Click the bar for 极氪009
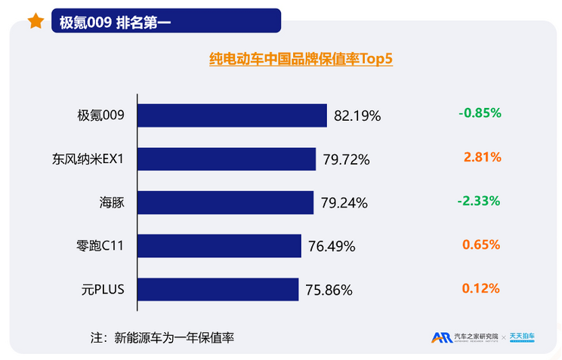(232, 115)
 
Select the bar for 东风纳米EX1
(227, 159)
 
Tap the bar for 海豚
(225, 202)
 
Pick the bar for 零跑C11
(219, 245)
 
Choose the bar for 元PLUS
(218, 289)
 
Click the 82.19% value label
(357, 116)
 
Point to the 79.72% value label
(346, 159)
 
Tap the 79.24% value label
(344, 203)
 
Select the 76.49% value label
(332, 246)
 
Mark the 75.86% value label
(329, 290)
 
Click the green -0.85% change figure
(480, 113)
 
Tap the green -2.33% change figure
(480, 201)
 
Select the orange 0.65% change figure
(482, 245)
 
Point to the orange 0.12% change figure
(482, 288)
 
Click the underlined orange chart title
(301, 59)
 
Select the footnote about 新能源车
(162, 337)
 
